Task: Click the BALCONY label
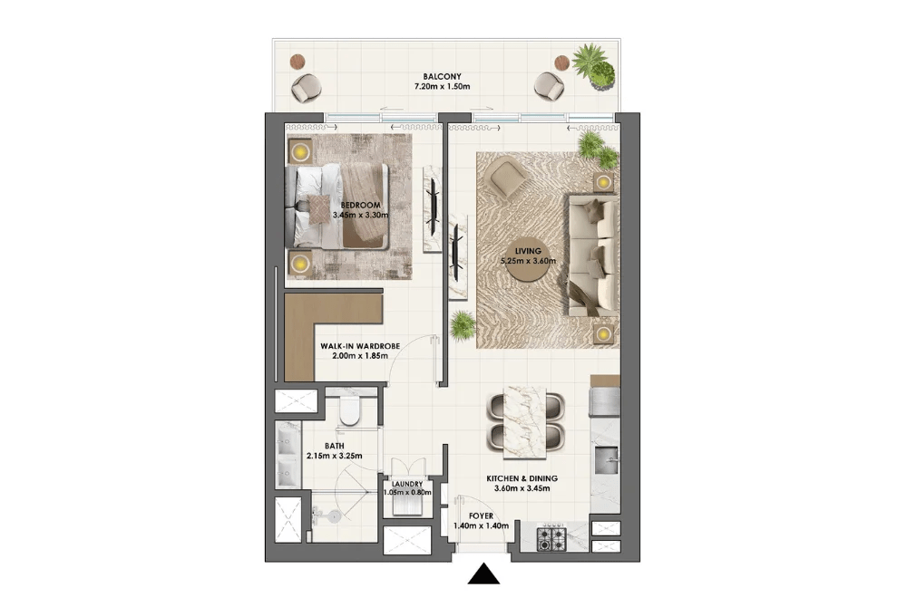coord(442,76)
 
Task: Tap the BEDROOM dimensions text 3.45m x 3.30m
coord(360,215)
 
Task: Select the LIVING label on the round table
coord(528,251)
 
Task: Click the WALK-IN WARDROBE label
coord(360,346)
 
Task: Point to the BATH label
coord(335,446)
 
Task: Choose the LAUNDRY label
coord(407,484)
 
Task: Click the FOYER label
coord(482,516)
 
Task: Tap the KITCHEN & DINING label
coord(522,478)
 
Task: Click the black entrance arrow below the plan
coord(483,574)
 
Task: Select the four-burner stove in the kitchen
coord(551,539)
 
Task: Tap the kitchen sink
coord(606,460)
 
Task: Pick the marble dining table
coord(525,422)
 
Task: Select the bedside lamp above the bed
coord(300,152)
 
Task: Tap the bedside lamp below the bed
coord(300,264)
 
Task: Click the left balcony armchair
coord(306,89)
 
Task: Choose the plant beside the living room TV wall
coord(463,326)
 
